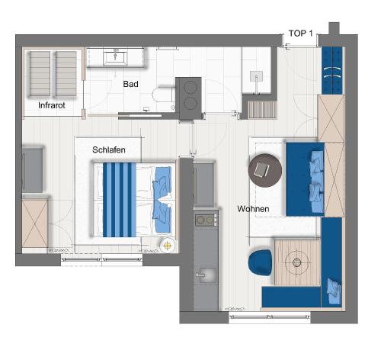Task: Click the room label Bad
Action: click(x=130, y=84)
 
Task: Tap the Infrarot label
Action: click(x=52, y=105)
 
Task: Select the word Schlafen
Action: click(x=109, y=149)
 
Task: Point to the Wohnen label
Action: click(x=253, y=209)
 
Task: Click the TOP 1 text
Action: click(x=300, y=33)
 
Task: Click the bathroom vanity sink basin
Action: click(x=115, y=57)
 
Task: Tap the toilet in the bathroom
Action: click(x=163, y=95)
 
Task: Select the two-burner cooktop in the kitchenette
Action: click(x=206, y=220)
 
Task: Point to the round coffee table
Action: click(x=265, y=170)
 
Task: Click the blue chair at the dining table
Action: click(x=260, y=262)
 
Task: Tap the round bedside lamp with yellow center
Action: click(x=167, y=246)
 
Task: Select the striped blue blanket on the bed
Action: click(x=120, y=200)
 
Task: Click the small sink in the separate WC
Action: click(x=256, y=76)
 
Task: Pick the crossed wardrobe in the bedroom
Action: click(x=35, y=223)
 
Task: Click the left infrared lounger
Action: click(x=40, y=74)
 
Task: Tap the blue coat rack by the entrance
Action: click(x=332, y=70)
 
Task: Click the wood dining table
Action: click(x=297, y=262)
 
